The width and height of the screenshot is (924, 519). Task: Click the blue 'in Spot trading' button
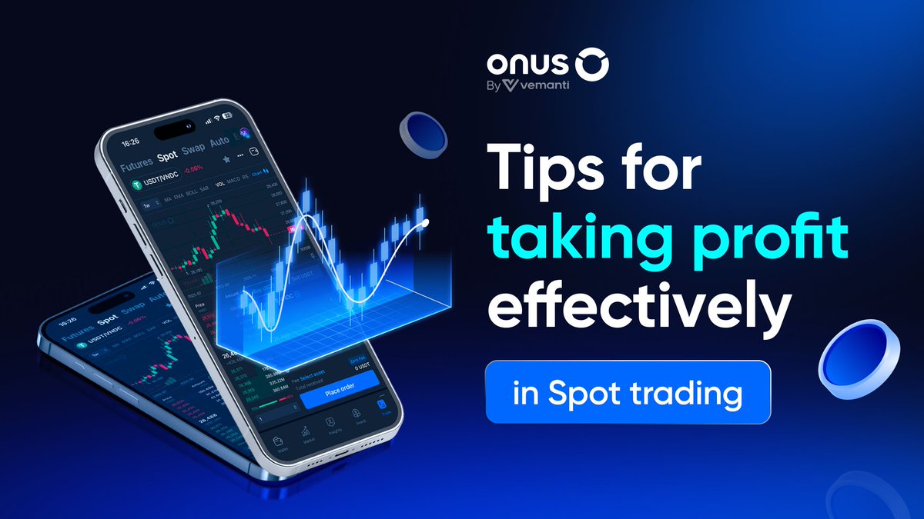pos(628,392)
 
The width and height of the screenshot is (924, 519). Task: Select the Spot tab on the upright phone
pos(167,157)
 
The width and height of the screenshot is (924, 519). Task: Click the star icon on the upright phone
pos(226,159)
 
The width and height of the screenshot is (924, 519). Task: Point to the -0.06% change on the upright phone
pos(191,168)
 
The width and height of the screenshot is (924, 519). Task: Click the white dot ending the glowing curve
pos(426,222)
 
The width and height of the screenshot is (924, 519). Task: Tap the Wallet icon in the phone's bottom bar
pos(288,444)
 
